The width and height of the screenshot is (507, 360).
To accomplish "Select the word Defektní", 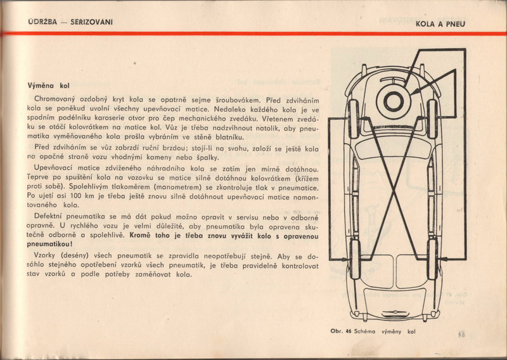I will pyautogui.click(x=43, y=217).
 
